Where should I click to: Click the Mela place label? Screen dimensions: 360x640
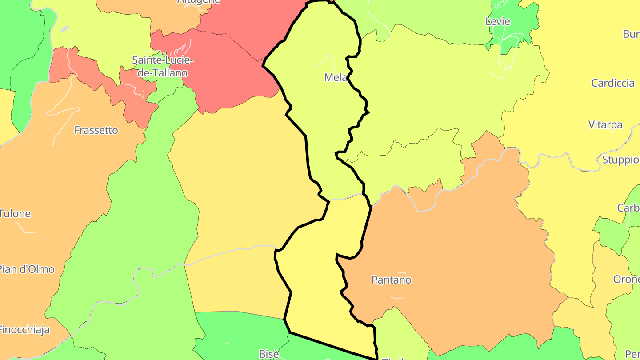click(x=336, y=77)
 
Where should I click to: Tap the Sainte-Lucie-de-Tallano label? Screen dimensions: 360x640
click(x=163, y=66)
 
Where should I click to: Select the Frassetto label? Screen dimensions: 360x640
click(x=96, y=130)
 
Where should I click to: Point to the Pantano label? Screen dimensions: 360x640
click(x=391, y=280)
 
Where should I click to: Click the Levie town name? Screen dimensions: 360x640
click(x=498, y=21)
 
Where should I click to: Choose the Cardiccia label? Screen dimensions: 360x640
click(x=612, y=83)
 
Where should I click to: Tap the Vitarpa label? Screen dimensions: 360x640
click(x=605, y=124)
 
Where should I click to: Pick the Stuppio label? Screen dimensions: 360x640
click(x=620, y=160)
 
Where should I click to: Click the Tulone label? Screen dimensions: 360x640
click(x=15, y=213)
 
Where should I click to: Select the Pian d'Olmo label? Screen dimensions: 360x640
click(x=27, y=269)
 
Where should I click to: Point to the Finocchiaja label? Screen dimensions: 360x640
click(x=24, y=330)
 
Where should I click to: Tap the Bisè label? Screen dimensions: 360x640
click(x=269, y=354)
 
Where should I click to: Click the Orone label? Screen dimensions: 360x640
click(x=626, y=280)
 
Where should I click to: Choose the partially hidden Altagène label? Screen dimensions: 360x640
click(x=199, y=2)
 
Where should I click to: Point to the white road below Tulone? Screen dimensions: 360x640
click(x=26, y=229)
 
